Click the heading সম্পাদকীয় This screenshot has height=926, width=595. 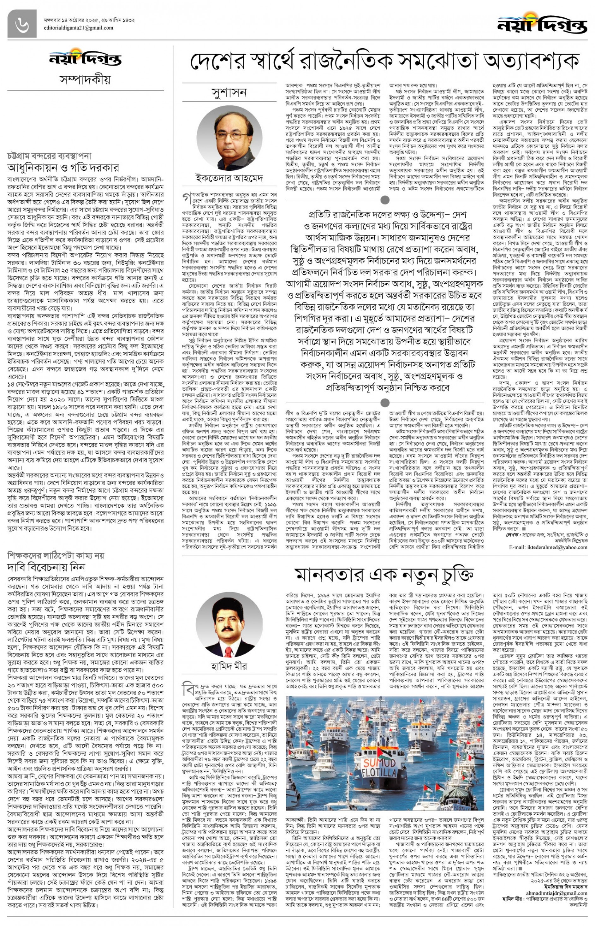click(86, 80)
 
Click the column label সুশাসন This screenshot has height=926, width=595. click(229, 93)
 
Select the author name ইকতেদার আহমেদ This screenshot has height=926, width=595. click(229, 178)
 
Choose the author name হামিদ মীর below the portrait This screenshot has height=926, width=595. click(229, 666)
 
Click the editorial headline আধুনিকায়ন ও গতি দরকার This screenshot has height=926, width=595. click(63, 168)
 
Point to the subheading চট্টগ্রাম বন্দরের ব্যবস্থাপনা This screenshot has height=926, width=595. click(49, 156)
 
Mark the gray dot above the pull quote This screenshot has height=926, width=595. click(385, 200)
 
